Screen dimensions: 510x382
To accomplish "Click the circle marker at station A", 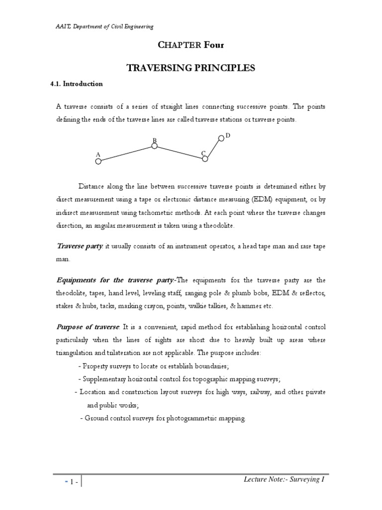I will (98, 161).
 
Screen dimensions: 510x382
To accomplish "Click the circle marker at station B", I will (154, 146).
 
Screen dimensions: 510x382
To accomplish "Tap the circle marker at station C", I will (205, 158).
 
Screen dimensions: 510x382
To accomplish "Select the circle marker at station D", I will (221, 138).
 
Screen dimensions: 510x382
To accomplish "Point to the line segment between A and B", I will (126, 153).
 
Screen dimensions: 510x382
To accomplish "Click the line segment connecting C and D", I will (213, 148).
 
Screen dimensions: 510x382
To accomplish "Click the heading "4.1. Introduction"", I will (77, 84).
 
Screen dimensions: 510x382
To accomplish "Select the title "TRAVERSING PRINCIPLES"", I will (191, 68).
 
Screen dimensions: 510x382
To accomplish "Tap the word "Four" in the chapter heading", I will (214, 45).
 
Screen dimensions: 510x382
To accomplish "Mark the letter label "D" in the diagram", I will (228, 135).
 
